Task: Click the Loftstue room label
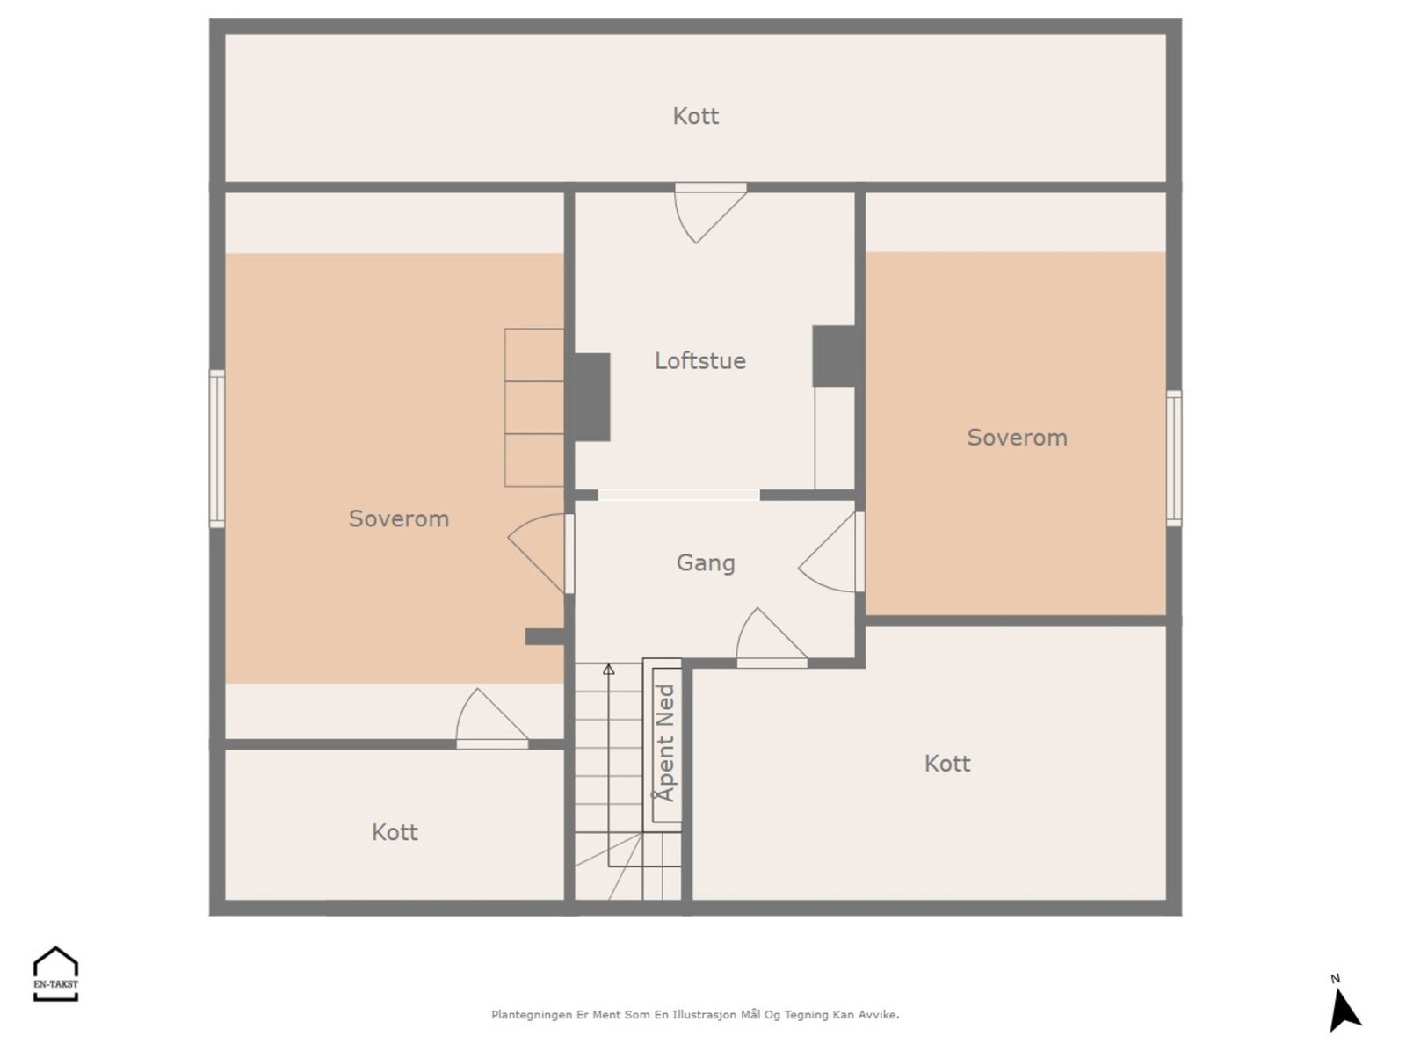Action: click(700, 361)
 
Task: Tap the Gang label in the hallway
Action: click(706, 563)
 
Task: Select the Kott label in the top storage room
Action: click(696, 117)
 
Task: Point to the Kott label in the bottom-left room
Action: click(395, 832)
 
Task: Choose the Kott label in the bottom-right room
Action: click(947, 764)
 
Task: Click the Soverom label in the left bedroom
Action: click(399, 518)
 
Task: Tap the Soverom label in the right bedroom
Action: click(1018, 438)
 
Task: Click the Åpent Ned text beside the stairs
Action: click(666, 743)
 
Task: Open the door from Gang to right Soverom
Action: click(831, 552)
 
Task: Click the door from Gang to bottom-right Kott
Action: click(772, 638)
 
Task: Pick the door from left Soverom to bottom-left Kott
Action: click(492, 719)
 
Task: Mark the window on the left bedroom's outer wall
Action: click(217, 449)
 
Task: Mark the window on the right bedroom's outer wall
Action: click(1173, 459)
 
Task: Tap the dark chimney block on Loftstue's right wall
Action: click(834, 356)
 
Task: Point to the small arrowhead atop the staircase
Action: click(608, 670)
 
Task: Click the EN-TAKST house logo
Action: click(55, 974)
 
